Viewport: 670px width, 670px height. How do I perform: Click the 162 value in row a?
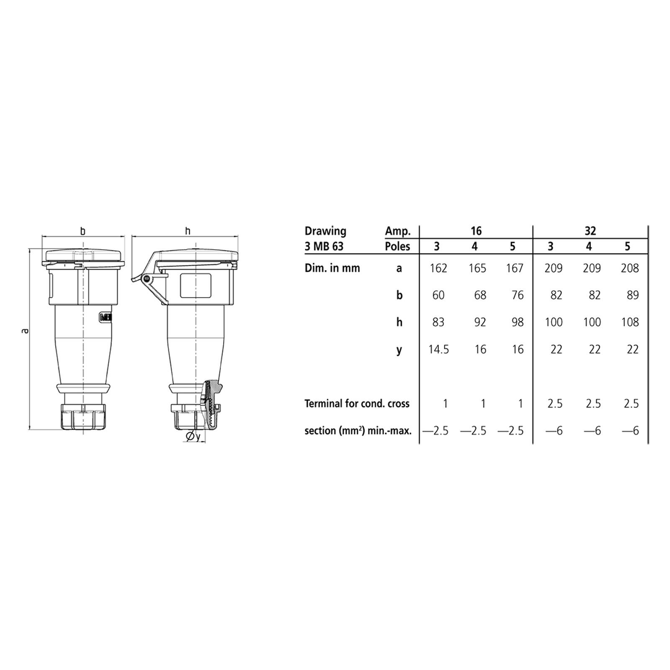[438, 268]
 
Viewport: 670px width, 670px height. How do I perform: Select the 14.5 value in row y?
[438, 349]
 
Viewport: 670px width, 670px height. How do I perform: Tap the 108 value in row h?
[630, 322]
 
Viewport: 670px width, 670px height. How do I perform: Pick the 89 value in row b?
[632, 295]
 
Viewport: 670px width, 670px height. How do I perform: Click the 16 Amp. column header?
[476, 231]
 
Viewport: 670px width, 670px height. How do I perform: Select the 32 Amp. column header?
[590, 231]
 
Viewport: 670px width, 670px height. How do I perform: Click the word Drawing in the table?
[325, 231]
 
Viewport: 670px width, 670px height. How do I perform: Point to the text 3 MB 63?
[324, 246]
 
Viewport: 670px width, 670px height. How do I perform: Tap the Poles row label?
[397, 246]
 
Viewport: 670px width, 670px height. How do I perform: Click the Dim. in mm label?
[332, 268]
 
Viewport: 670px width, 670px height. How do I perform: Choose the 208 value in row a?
[630, 268]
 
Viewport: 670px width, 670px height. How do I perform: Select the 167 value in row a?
[514, 268]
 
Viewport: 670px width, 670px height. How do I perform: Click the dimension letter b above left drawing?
[83, 231]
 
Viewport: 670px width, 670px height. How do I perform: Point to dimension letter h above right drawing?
[188, 231]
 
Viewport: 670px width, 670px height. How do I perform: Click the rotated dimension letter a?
[26, 331]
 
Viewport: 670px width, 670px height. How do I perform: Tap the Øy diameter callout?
[193, 437]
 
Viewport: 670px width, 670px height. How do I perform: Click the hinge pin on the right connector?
[146, 278]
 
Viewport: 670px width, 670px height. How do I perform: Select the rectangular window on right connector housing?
[195, 285]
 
